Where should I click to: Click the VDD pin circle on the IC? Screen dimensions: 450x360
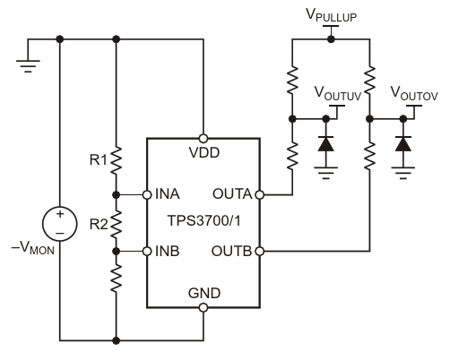pos(203,139)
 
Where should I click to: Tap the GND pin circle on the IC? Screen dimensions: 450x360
pos(203,307)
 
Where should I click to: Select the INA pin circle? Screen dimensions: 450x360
pos(147,195)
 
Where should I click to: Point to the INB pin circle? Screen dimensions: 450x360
pos(147,252)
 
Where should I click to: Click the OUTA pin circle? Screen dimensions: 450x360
pos(260,195)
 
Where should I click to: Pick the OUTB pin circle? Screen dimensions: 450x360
pos(260,252)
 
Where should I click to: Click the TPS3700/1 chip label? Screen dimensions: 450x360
pos(204,221)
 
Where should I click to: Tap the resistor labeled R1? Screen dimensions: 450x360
pos(117,160)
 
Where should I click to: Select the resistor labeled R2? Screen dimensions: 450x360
pos(117,224)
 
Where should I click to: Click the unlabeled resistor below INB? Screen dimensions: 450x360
pos(117,279)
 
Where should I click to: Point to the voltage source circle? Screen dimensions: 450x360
pos(60,224)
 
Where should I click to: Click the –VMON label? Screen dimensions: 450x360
pos(33,248)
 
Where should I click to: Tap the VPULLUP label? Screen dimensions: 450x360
pos(332,15)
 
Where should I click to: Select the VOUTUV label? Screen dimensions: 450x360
pos(338,93)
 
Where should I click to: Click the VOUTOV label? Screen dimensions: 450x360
pos(414,93)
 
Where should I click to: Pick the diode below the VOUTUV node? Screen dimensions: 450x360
pos(326,144)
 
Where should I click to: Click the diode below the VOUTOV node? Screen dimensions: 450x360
pos(403,144)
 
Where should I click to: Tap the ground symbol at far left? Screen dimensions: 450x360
pos(28,66)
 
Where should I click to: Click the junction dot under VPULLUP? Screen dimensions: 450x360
pos(331,39)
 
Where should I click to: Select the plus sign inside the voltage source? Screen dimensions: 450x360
pos(60,214)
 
